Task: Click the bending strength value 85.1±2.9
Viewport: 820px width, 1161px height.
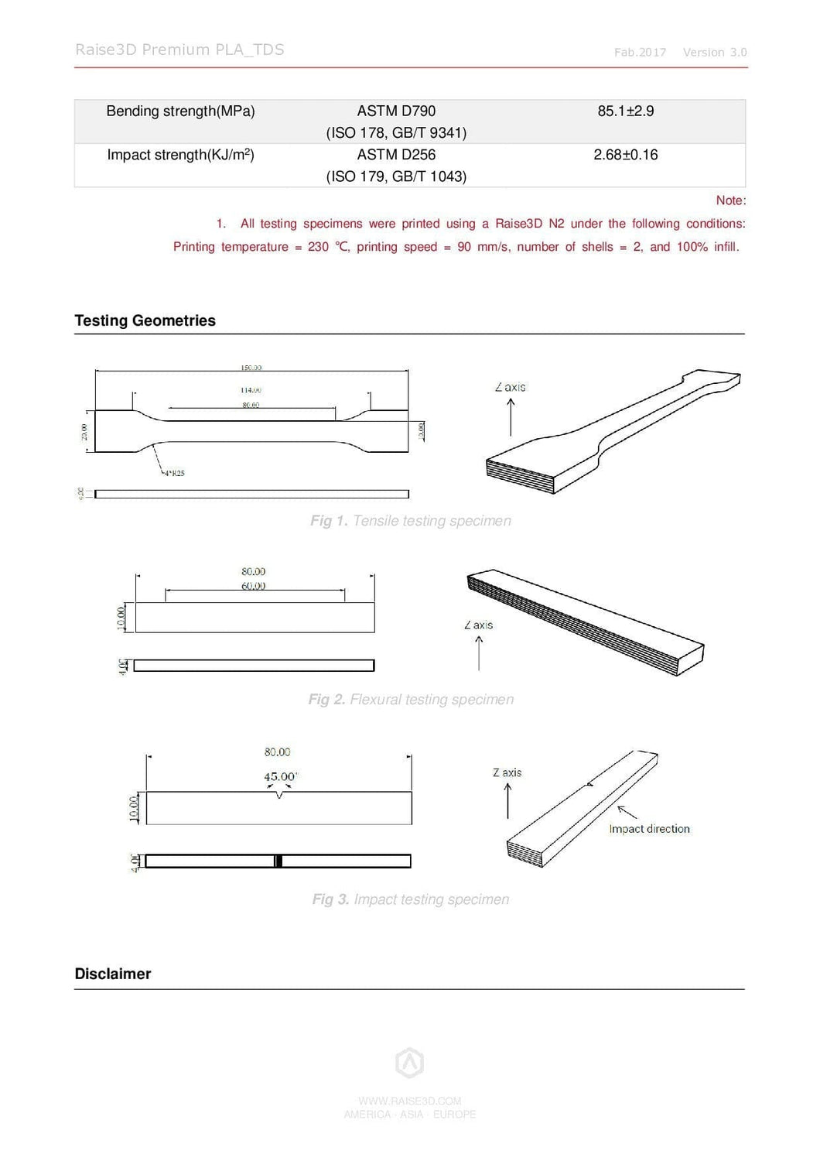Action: [625, 111]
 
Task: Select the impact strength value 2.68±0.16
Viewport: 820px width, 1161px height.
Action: [625, 155]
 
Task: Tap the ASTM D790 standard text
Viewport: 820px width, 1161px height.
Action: [396, 111]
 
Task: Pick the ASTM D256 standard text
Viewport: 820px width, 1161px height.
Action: [396, 155]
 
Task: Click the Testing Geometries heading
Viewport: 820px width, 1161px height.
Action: [145, 320]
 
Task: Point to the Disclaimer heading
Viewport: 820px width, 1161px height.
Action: [112, 974]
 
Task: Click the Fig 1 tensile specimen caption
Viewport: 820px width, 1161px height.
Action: [410, 521]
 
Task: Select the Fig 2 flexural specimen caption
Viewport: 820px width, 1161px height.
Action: [410, 700]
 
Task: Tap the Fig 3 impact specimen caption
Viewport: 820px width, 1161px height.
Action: [410, 899]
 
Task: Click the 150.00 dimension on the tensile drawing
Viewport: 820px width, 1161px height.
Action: [251, 368]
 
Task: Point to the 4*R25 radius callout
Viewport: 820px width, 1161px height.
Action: [173, 472]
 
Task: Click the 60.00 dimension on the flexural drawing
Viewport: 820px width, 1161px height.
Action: [253, 586]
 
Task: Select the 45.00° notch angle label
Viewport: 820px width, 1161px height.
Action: [280, 776]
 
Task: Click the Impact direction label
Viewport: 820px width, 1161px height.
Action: [649, 829]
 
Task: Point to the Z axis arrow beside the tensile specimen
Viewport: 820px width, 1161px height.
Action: [511, 418]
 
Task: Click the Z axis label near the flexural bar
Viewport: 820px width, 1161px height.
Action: [478, 625]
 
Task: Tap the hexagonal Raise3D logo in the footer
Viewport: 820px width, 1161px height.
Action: [409, 1063]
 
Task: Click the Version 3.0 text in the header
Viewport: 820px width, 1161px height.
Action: [714, 53]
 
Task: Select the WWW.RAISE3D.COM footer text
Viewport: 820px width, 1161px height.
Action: [409, 1101]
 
